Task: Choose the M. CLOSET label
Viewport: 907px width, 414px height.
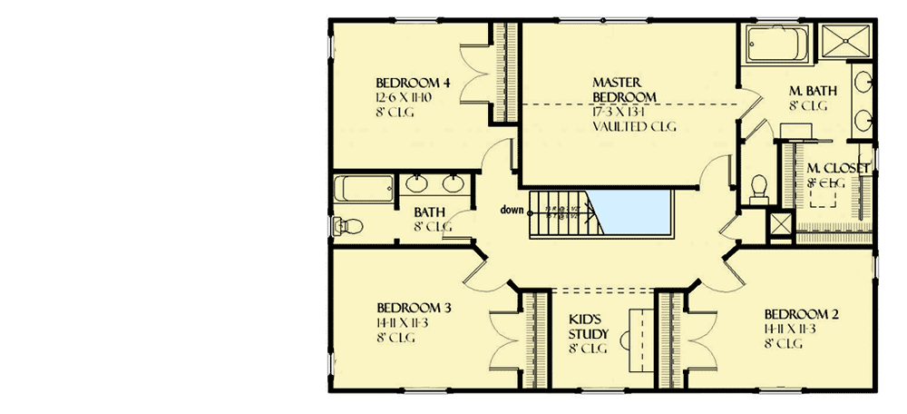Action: click(838, 168)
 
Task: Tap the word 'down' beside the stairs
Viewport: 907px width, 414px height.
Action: click(512, 211)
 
